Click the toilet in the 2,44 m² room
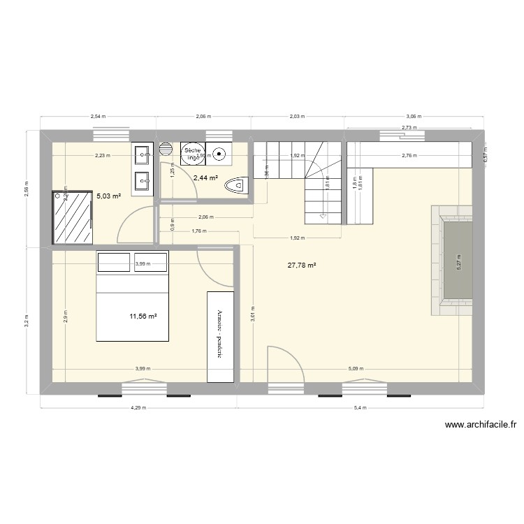236,186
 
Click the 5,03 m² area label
109,196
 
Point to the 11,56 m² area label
143,316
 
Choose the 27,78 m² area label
302,265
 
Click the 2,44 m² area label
205,178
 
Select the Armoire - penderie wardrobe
220,336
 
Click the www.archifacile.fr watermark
480,424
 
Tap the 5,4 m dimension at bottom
361,409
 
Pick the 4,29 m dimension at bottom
138,409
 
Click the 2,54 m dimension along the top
98,117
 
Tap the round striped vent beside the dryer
166,149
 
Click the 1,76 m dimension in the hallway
199,231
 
